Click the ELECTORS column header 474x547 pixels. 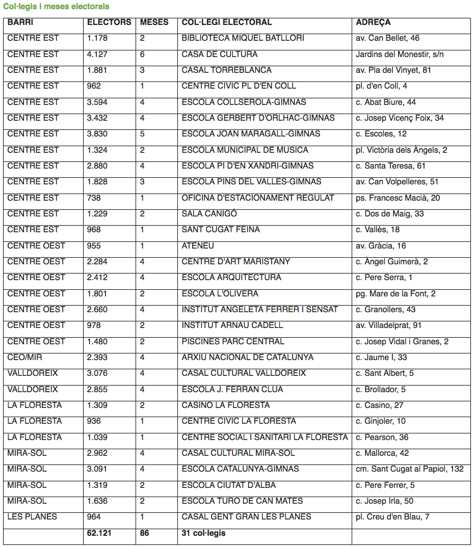[x=109, y=22]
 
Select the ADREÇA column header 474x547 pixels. [x=374, y=22]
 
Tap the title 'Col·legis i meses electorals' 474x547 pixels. [x=56, y=7]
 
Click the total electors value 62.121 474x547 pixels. [x=99, y=533]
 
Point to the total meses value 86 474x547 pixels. [x=145, y=533]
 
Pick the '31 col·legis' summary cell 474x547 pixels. [x=203, y=533]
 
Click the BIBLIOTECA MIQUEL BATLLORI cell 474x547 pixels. [x=243, y=38]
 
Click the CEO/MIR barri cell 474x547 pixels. [x=25, y=357]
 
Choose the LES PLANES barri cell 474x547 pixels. [x=32, y=516]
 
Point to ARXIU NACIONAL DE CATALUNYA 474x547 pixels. [x=247, y=357]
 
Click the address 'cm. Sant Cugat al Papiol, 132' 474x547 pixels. [x=410, y=469]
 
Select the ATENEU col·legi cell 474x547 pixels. [x=198, y=245]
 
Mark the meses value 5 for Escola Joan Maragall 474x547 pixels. [x=142, y=133]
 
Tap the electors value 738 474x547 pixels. [x=94, y=198]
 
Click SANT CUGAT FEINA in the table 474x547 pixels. [x=221, y=229]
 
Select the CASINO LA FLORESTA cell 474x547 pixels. [x=225, y=405]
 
